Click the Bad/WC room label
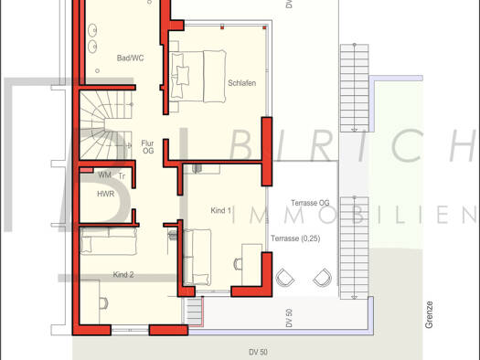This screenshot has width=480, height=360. click(x=130, y=58)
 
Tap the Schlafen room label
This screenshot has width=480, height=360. click(x=242, y=83)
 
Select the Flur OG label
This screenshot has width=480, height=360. click(x=147, y=147)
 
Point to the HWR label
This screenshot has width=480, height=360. click(x=106, y=194)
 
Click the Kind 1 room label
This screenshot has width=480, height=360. click(x=220, y=210)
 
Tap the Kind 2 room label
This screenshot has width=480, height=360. click(x=123, y=275)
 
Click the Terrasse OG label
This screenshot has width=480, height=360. click(x=310, y=203)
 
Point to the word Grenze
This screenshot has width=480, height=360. click(x=429, y=314)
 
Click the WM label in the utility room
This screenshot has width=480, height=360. click(x=105, y=175)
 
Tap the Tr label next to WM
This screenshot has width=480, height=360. click(x=122, y=175)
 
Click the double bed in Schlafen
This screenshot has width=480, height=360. click(x=198, y=77)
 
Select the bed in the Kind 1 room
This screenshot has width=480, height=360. click(x=197, y=258)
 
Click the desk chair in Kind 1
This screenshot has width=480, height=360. click(x=238, y=264)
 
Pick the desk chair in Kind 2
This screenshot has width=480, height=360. click(x=103, y=303)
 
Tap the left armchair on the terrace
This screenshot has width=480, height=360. click(x=285, y=278)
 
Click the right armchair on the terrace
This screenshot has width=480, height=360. click(x=323, y=278)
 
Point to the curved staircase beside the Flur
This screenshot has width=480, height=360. click(x=106, y=125)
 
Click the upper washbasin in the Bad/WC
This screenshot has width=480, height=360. click(x=92, y=30)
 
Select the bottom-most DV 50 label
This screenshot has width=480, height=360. click(x=258, y=353)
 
